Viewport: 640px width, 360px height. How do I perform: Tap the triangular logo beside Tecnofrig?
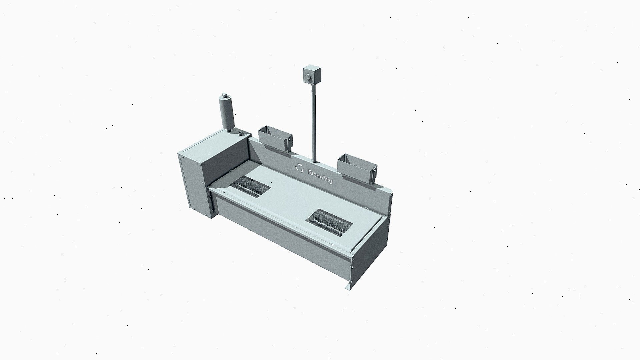(300, 168)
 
